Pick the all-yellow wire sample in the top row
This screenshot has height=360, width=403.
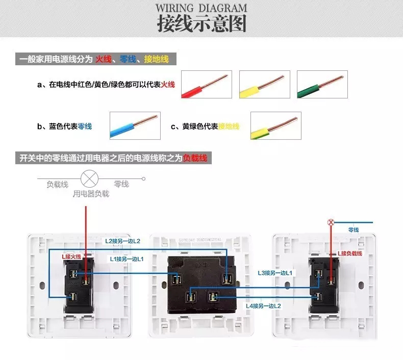[x=264, y=84]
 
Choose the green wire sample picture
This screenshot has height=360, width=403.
[x=322, y=84]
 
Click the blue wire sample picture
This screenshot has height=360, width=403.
[x=135, y=125]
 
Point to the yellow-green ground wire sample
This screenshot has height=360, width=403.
[x=275, y=125]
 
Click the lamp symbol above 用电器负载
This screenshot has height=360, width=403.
[x=90, y=178]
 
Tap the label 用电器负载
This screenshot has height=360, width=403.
[x=90, y=194]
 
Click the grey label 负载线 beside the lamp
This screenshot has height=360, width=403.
[x=57, y=184]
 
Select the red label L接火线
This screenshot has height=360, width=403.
[x=71, y=256]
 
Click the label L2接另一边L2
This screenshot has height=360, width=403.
[x=122, y=241]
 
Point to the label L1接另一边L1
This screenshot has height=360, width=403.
[x=127, y=259]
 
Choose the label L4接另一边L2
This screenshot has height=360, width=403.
[x=264, y=306]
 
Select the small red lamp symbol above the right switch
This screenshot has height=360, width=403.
[x=331, y=222]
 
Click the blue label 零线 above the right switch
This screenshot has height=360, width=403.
[x=354, y=230]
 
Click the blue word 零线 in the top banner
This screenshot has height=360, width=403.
[x=128, y=60]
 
